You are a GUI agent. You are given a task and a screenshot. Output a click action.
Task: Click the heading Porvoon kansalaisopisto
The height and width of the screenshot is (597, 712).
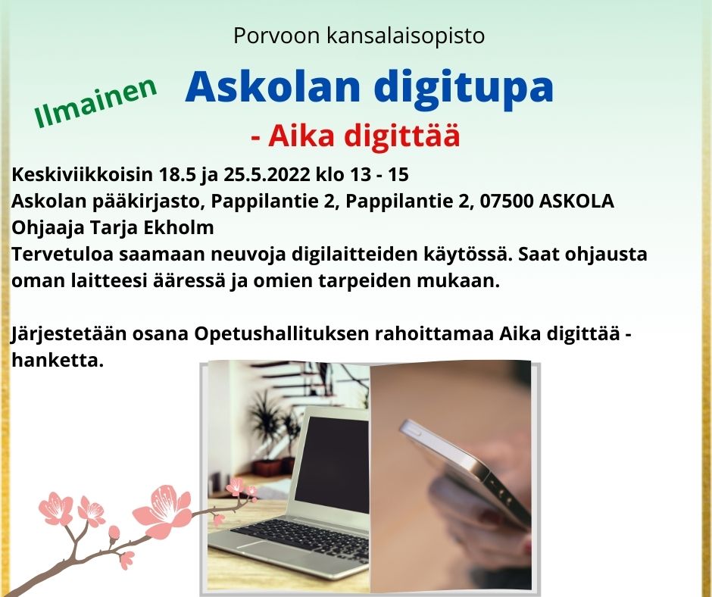pyautogui.click(x=359, y=36)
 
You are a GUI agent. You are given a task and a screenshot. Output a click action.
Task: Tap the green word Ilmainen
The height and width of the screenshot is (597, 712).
pyautogui.click(x=95, y=102)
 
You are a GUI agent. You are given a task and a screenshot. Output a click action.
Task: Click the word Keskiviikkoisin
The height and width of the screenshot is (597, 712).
pyautogui.click(x=82, y=174)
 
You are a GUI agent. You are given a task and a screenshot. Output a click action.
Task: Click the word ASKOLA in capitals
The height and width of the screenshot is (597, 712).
pyautogui.click(x=576, y=201)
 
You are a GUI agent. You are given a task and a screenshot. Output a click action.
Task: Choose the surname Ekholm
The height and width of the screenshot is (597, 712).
pyautogui.click(x=179, y=227)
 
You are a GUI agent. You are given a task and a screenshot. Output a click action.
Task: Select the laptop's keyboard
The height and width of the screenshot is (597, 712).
pyautogui.click(x=300, y=539)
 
